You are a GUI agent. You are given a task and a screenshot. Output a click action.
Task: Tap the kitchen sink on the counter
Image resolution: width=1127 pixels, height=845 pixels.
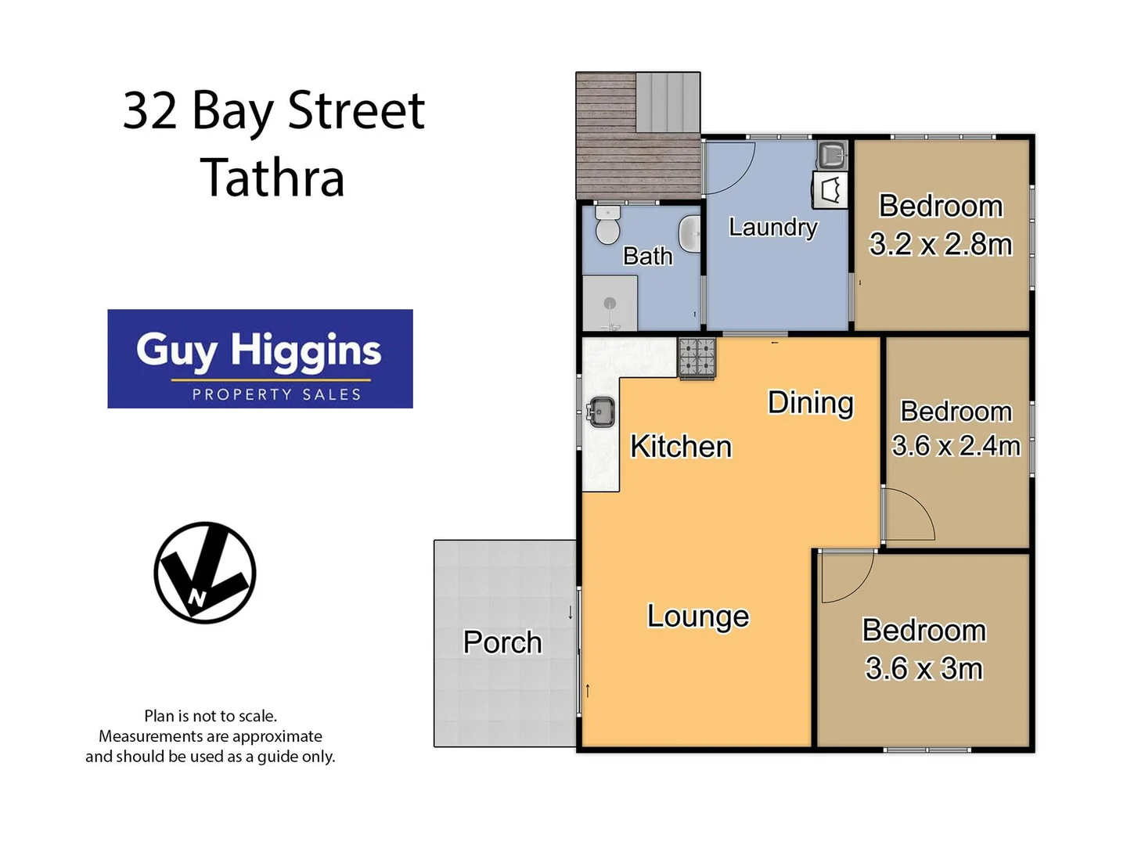(601, 412)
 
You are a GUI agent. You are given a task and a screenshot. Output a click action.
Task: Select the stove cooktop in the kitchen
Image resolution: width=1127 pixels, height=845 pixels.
(696, 358)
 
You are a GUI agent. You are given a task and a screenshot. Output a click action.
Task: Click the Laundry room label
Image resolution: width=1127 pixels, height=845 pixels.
(772, 227)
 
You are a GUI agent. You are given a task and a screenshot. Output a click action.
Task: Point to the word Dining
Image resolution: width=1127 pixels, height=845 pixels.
(810, 403)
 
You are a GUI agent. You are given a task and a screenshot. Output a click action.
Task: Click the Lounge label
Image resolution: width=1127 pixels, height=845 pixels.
(698, 617)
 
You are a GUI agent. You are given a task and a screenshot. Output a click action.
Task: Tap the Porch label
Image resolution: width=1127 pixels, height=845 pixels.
(502, 642)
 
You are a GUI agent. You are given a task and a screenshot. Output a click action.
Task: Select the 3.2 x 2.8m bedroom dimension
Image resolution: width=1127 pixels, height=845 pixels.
(941, 245)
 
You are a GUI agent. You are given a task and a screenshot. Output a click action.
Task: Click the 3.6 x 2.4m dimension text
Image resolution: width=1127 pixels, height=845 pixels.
(956, 446)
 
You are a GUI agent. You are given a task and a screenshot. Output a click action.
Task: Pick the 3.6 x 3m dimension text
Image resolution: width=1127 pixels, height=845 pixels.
(924, 669)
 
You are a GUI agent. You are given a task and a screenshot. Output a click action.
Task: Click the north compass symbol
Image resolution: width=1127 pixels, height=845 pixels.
(205, 573)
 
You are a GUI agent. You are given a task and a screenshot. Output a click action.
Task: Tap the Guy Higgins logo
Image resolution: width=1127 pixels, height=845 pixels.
(260, 358)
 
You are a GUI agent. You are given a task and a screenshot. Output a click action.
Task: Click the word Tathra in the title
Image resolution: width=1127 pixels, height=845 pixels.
(272, 178)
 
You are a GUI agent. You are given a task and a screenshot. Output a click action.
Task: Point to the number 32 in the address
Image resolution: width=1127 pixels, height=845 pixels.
(150, 110)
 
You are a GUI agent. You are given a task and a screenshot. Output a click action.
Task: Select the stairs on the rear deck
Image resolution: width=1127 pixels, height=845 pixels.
(667, 102)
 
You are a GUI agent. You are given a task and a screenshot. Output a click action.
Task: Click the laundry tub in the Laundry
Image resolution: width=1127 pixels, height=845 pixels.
(831, 155)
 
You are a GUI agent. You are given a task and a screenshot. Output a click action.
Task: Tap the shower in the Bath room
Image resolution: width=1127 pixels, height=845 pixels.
(610, 304)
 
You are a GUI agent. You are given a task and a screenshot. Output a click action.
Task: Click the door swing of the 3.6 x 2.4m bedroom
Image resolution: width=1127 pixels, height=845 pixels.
(908, 514)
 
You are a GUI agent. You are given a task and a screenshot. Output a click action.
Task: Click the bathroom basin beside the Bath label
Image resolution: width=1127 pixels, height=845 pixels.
(690, 234)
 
